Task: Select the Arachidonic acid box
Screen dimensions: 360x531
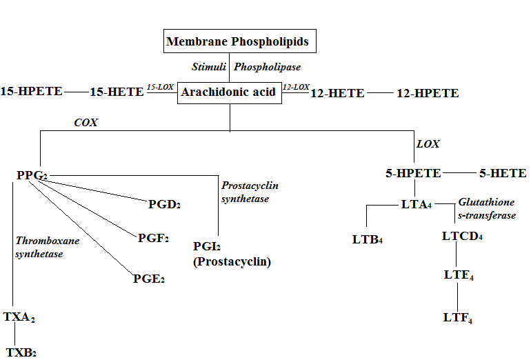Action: [x=230, y=92]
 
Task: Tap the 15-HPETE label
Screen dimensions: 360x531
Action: [x=32, y=92]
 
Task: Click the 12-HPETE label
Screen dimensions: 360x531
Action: [x=428, y=93]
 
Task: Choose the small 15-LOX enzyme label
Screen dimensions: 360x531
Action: [x=159, y=88]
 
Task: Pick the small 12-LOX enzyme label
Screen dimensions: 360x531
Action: [x=296, y=88]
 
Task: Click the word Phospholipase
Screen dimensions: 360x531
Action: [x=268, y=68]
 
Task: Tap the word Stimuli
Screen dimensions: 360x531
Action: [x=209, y=68]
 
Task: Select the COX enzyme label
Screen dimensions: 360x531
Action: [x=86, y=123]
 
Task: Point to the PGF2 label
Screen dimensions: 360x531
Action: [x=153, y=239]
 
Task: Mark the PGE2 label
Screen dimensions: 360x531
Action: [x=149, y=279]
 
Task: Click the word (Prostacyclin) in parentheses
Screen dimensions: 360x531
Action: [x=232, y=262]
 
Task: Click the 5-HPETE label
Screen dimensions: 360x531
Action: [x=413, y=174]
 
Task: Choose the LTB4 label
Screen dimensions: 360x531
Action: [x=367, y=240]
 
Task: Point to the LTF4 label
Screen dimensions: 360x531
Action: [x=458, y=318]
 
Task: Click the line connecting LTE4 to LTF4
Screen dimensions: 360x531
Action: [x=458, y=297]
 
